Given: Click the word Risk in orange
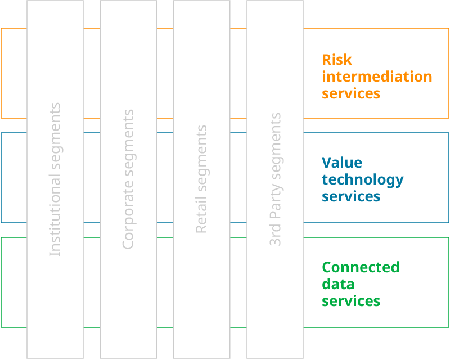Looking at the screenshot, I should pos(337,60).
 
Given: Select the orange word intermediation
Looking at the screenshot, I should pos(377,76).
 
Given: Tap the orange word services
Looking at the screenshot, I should pos(351,93).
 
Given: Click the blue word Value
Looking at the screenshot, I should pos(342,163).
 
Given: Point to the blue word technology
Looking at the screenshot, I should pos(363,180).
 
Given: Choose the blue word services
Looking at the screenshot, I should pos(351,196).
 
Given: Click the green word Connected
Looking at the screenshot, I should pos(361,267).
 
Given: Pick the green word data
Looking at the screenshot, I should pos(338,284).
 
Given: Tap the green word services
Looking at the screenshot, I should pos(351,301).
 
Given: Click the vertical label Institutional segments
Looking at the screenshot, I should pos(55,179).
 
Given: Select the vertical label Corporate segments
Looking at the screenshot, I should pos(128,179).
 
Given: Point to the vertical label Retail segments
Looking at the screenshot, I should pos(201,179).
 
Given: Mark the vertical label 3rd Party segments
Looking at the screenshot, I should pos(275,179).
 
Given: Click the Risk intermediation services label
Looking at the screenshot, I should pos(377,76).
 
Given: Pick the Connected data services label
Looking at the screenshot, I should pos(361,284).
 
